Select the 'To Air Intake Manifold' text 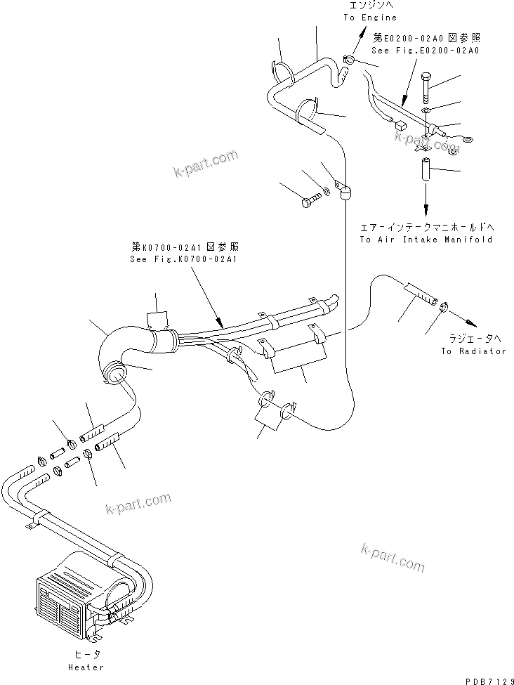[x=426, y=240]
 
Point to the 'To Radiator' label [x=473, y=351]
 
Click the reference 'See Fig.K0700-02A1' [x=185, y=259]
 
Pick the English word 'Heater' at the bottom [x=87, y=667]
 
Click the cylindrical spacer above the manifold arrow [x=426, y=171]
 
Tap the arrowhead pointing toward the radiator [x=475, y=322]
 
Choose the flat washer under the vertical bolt [x=428, y=110]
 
